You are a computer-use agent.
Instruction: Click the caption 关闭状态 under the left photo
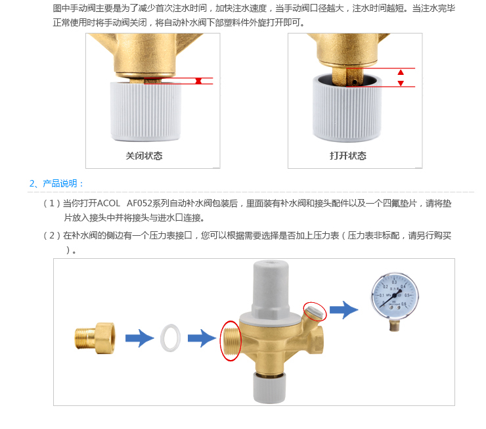coord(144,156)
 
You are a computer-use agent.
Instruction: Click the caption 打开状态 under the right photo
coord(348,156)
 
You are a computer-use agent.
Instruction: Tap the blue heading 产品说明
coord(60,183)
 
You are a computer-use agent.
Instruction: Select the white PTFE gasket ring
coord(170,338)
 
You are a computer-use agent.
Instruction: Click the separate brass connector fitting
coord(95,338)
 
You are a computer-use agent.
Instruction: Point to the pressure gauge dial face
coord(395,296)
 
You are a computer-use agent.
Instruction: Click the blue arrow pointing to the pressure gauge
coord(343,309)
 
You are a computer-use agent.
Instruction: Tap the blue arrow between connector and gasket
coord(139,338)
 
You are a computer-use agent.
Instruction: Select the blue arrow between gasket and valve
coord(202,338)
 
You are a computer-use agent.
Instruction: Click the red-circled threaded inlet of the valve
coord(231,340)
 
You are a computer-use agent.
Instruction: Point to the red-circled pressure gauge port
coord(315,312)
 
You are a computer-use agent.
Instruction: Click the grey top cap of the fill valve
coord(271,288)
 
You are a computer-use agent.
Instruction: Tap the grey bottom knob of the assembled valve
coord(269,388)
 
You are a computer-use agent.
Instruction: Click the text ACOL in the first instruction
coord(108,204)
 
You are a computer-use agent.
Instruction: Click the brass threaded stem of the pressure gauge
coord(394,325)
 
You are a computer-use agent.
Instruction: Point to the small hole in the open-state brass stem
coord(355,81)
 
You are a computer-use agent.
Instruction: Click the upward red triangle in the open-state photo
coord(401,72)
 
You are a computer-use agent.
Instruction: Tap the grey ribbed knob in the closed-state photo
coord(146,111)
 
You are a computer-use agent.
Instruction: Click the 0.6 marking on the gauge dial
coord(403,304)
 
